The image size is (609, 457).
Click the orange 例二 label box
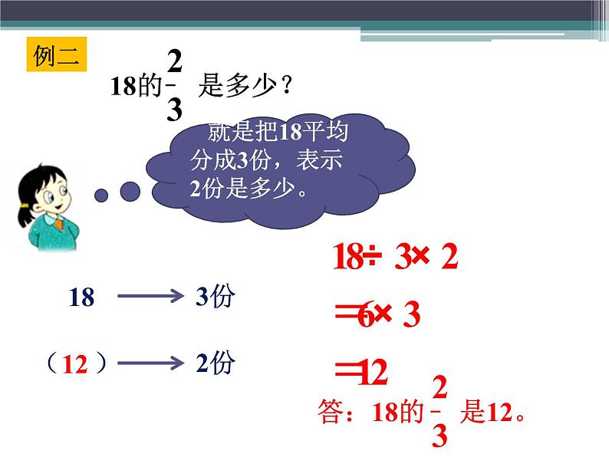click(x=58, y=55)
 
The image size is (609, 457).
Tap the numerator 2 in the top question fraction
click(x=175, y=61)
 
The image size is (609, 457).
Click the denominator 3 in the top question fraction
click(x=175, y=110)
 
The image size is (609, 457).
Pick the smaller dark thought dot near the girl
click(x=101, y=195)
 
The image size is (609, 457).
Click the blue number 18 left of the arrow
click(x=81, y=298)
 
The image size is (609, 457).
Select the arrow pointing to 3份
click(x=149, y=298)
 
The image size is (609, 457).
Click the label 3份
click(x=214, y=298)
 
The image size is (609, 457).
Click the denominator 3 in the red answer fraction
click(x=439, y=436)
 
